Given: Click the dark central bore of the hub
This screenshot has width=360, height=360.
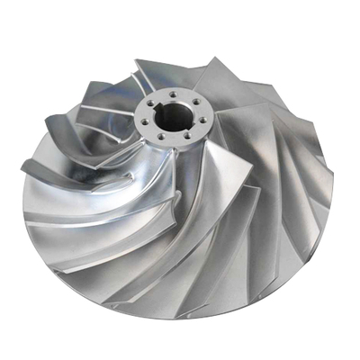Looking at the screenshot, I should pos(174,118).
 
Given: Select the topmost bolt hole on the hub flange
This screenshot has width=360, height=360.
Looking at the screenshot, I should pos(173,94).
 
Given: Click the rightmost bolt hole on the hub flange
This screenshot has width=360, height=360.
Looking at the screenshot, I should pos(202,120).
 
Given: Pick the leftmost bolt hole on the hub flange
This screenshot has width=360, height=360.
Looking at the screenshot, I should pos(145,121).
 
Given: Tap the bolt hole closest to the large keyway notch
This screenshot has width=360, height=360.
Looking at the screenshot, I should pos(150,103).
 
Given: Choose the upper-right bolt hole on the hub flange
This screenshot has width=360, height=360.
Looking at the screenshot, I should pos(196,102).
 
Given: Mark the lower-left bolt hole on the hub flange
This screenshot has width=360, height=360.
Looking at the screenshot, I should pos(161,137).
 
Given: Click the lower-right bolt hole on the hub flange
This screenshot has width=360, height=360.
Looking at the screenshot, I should pos(188,135).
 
